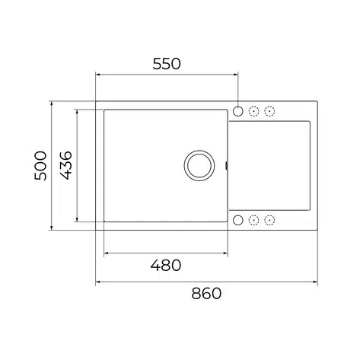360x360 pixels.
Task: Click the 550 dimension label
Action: pos(167,64)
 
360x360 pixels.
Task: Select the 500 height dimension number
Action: pos(40,166)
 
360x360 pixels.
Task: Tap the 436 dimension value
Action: pos(66,165)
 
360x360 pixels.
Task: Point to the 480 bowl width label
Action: pos(166,266)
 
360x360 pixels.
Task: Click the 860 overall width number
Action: pos(206,294)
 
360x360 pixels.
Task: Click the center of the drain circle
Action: pos(199,165)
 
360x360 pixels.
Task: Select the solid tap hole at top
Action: pos(238,111)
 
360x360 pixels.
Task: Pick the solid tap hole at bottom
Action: pos(238,220)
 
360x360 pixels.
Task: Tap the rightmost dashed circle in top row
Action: pos(269,111)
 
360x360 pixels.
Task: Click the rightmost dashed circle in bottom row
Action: pos(269,220)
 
